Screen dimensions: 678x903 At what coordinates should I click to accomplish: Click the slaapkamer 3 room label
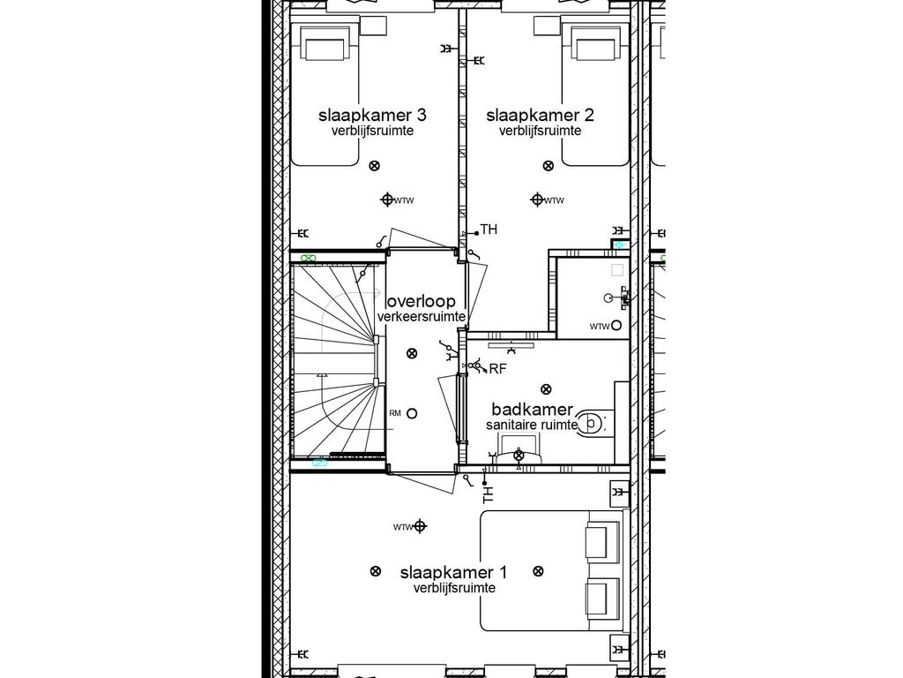373,116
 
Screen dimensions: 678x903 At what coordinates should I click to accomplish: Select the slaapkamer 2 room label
540,116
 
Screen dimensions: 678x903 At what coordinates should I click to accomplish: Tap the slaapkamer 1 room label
454,572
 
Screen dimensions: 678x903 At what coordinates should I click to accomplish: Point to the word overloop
422,301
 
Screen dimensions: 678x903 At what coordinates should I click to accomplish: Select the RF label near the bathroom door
497,369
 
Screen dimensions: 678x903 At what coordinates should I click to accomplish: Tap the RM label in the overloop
395,413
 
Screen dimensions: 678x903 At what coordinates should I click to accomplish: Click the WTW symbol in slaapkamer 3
387,200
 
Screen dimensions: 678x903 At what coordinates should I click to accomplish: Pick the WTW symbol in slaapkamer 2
535,200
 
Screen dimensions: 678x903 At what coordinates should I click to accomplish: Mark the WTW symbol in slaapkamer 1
420,527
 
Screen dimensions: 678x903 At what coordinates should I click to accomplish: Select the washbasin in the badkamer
519,456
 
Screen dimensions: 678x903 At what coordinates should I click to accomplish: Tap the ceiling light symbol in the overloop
411,354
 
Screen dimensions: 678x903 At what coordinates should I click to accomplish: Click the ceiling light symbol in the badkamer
546,388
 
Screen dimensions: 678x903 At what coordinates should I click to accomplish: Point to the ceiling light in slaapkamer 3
374,165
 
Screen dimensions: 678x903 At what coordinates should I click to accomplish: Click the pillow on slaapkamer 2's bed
595,43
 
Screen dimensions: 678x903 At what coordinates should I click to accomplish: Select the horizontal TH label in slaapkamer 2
489,230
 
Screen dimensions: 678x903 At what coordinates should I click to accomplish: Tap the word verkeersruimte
422,317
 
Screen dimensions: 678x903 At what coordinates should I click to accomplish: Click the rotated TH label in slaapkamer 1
488,493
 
